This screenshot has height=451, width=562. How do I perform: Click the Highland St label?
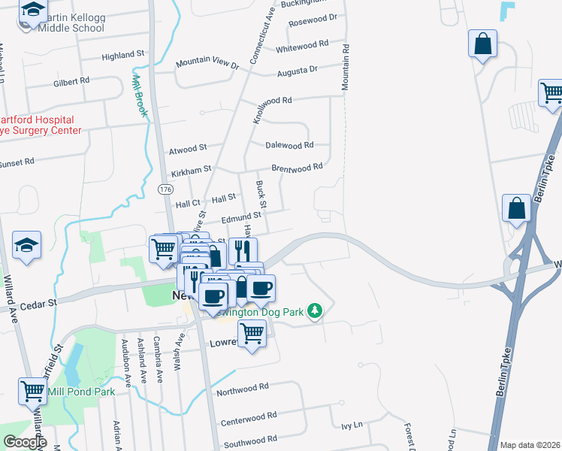(122, 55)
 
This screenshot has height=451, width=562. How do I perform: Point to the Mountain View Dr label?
(207, 65)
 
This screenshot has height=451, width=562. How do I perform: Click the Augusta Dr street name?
(298, 70)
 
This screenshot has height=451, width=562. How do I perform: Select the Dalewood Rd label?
(289, 145)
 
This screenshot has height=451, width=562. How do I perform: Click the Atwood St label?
(188, 148)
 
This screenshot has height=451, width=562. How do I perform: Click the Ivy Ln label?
(351, 425)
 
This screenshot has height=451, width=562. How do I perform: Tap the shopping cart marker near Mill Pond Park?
(32, 390)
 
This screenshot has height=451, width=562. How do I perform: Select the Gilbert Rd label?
(71, 80)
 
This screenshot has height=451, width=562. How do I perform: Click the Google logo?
(25, 442)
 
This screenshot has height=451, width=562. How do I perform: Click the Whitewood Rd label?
(302, 46)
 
